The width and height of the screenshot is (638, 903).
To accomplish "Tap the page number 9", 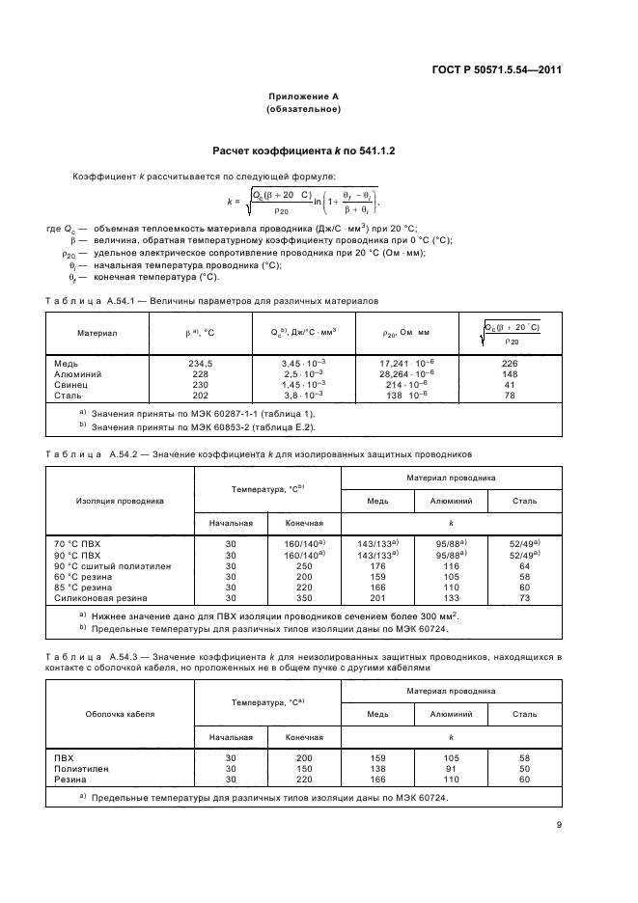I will coord(559,825).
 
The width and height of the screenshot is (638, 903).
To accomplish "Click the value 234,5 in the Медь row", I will coord(201,363).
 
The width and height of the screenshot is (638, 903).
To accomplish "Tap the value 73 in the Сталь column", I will coord(525,597).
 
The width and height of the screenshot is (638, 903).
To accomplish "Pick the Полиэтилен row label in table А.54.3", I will coord(81,769).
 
